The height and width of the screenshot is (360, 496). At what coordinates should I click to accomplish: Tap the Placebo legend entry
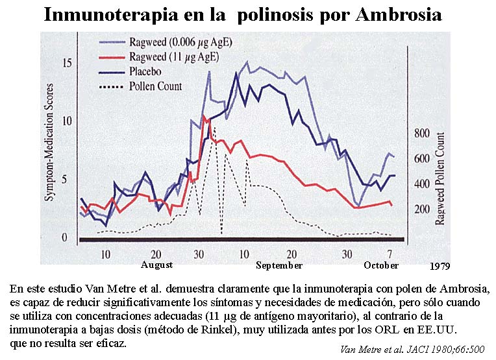coord(150,71)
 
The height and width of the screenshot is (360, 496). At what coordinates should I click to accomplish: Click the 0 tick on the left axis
coord(64,237)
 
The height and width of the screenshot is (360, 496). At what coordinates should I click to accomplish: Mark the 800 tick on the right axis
coord(422,134)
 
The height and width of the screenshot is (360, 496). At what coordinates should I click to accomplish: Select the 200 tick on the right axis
coord(422,209)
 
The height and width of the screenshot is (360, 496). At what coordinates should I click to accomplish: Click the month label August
coord(156,265)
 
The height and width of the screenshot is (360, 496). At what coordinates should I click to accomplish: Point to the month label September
coord(279,265)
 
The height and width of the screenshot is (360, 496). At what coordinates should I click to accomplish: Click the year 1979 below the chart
coord(440,266)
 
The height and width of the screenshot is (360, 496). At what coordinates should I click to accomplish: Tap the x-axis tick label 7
coord(390,253)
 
